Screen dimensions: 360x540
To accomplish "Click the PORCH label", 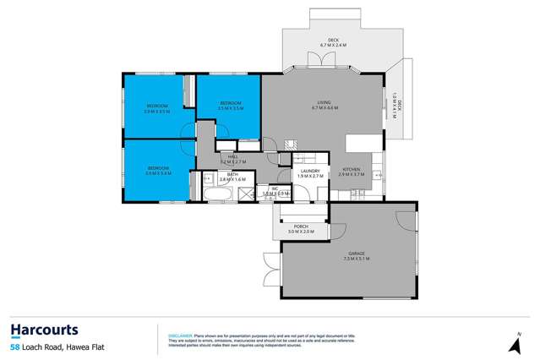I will click(302, 228).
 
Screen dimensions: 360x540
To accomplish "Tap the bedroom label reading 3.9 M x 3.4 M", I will click(158, 172).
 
